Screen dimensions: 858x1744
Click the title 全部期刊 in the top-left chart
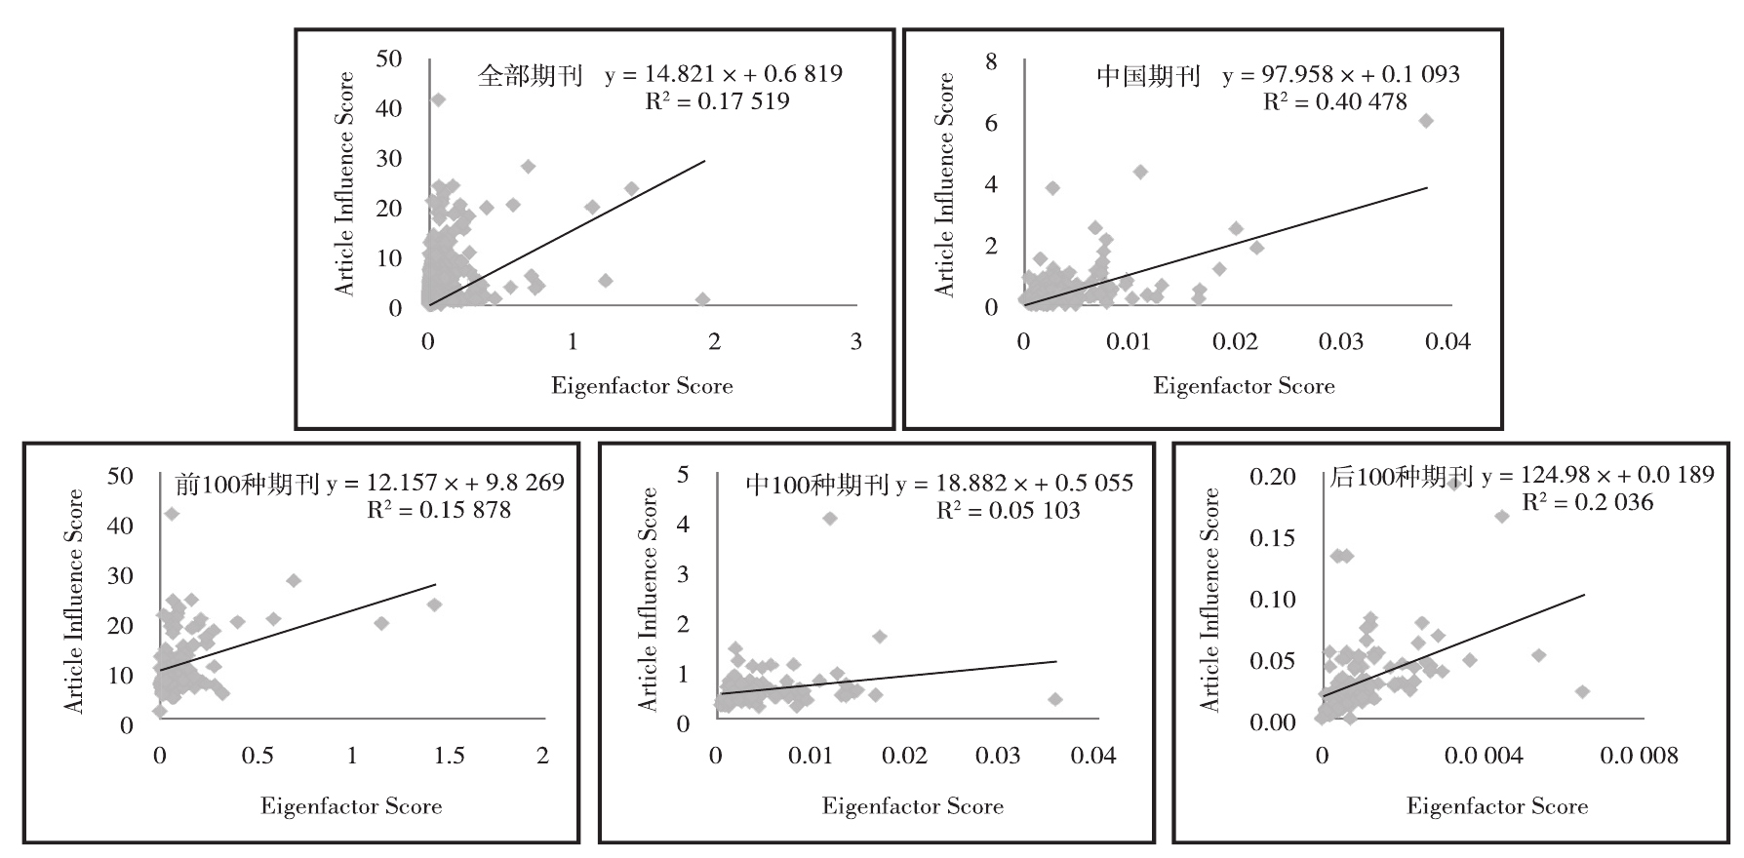coord(530,76)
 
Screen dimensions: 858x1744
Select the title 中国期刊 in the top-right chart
coord(1148,76)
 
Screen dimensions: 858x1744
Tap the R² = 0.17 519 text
coord(717,101)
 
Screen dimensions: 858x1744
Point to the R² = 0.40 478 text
coord(1335,101)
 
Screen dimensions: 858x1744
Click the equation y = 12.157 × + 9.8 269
coord(445,483)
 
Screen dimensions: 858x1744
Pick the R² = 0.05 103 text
coord(1008,511)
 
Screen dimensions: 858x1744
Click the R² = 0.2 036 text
coord(1588,502)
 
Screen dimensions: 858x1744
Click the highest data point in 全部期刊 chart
coord(439,99)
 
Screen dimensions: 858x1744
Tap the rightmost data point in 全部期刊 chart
coord(702,299)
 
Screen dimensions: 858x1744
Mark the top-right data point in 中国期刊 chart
coord(1425,120)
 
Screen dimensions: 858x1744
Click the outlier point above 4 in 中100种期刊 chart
coord(830,518)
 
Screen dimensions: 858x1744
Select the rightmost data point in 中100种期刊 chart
coord(1054,699)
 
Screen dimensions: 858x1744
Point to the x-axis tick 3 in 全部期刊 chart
coord(855,341)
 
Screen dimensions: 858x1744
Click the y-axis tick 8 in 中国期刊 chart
coord(992,61)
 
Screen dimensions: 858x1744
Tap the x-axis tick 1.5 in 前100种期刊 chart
coord(450,757)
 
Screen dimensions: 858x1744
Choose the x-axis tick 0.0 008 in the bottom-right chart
coord(1639,757)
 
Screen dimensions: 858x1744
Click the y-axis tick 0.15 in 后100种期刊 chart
coord(1273,538)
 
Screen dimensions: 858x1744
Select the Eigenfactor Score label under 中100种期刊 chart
coord(912,806)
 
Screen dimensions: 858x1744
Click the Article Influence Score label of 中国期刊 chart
coord(944,185)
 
